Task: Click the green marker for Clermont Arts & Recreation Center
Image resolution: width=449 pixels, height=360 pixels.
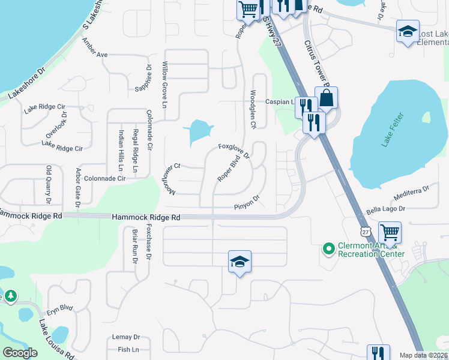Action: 328,247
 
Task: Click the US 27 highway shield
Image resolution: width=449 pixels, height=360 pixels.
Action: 366,231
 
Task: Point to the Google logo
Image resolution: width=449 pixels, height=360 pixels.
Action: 20,353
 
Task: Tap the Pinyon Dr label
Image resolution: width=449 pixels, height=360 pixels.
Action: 247,203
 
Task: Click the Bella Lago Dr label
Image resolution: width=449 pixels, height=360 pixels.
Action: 386,209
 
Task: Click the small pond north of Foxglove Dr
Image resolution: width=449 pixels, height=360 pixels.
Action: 199,131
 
